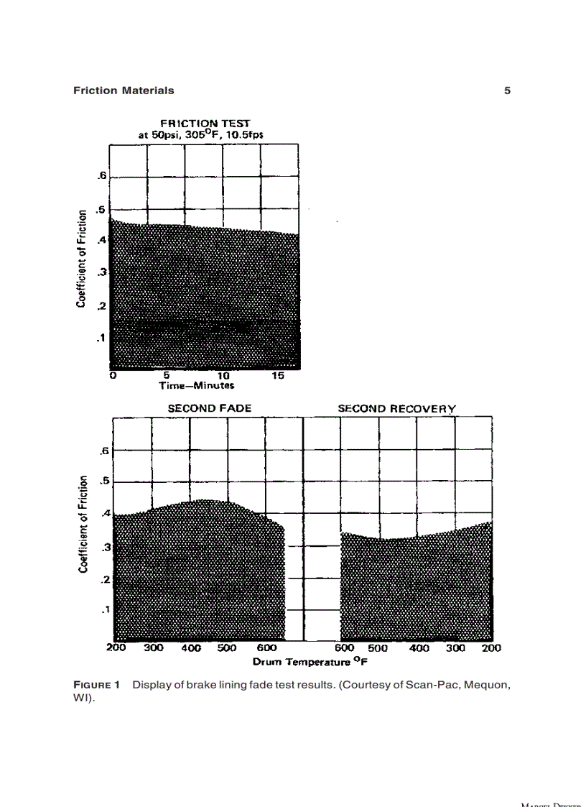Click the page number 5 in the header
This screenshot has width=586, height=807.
(507, 91)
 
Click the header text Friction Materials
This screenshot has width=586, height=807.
(124, 91)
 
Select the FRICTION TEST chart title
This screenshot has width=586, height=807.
(205, 123)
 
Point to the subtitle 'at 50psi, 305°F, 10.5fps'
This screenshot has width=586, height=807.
(205, 134)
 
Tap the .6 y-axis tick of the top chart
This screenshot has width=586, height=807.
(102, 175)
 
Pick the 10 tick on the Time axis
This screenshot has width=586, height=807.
(223, 375)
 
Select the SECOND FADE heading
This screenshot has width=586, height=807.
(210, 408)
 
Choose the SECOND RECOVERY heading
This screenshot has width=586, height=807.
(397, 408)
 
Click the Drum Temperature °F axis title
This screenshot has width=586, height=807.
(304, 660)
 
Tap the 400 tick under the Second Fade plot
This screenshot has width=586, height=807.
(191, 647)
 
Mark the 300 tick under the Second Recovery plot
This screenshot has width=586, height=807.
(455, 647)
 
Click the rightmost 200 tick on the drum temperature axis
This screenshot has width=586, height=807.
(491, 647)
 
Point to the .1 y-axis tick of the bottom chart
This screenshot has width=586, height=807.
(104, 609)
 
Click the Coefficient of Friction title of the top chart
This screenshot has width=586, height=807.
(83, 258)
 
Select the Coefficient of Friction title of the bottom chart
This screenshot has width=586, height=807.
(84, 523)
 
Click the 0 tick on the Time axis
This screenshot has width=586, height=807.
(113, 375)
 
